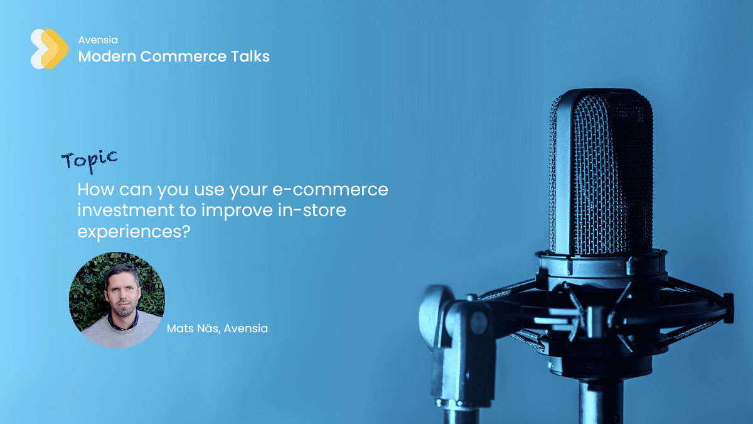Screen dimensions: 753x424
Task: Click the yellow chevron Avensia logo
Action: click(50, 49)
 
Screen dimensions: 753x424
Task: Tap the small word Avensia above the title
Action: click(98, 40)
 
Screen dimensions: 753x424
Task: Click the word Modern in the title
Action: click(107, 57)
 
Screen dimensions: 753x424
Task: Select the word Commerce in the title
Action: click(183, 57)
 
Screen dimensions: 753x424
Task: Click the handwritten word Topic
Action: click(89, 161)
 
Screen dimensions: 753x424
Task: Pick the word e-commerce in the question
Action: click(330, 190)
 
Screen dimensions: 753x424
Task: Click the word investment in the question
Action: click(125, 210)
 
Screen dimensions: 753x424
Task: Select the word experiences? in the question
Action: click(134, 232)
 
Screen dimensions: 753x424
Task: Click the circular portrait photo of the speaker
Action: click(117, 300)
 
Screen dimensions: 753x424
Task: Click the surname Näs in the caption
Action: click(209, 329)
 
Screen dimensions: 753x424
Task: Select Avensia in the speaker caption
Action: click(246, 329)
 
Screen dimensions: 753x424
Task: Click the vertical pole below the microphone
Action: click(602, 401)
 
